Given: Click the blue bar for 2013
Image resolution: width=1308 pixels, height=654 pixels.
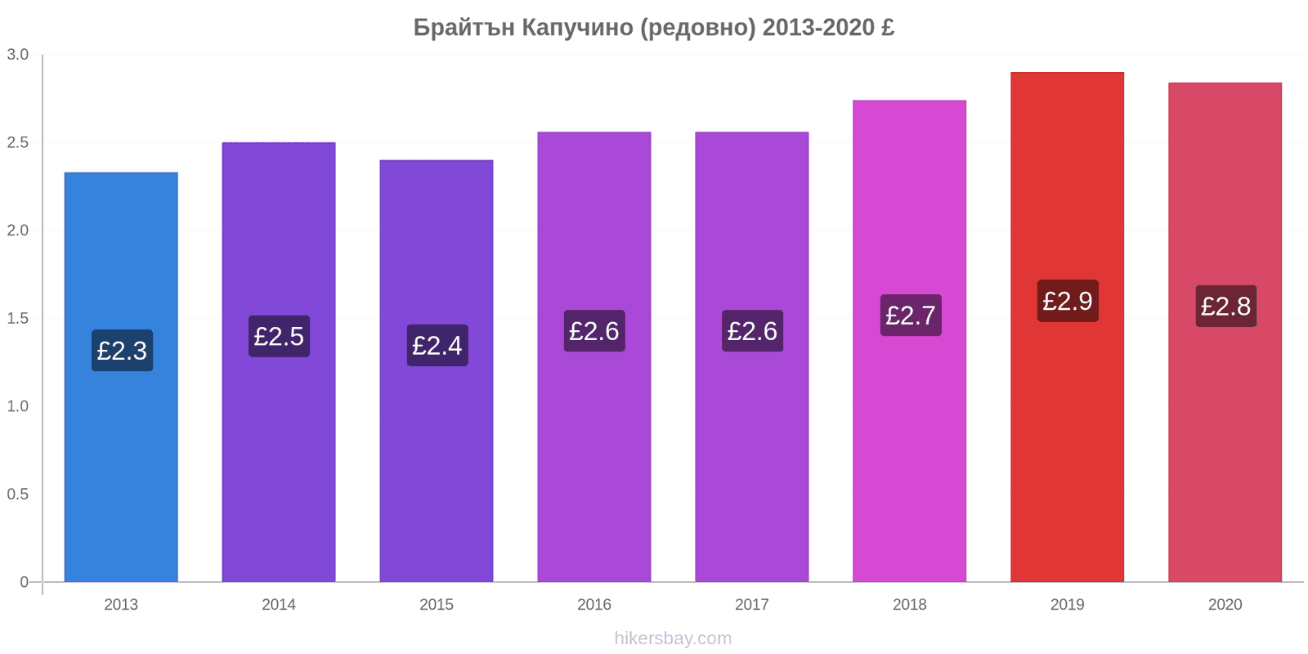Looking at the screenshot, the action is click(121, 377).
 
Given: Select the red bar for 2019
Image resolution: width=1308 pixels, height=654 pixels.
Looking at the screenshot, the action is click(1068, 327).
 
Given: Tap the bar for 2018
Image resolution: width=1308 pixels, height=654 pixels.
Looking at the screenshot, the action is click(909, 341).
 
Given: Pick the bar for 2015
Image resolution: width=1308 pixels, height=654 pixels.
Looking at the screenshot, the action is click(437, 371).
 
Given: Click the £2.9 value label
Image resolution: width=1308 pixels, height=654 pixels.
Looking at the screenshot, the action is click(1068, 301).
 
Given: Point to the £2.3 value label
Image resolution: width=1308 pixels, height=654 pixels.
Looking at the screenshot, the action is click(122, 351).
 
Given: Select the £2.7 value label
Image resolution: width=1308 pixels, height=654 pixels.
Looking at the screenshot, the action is click(911, 316).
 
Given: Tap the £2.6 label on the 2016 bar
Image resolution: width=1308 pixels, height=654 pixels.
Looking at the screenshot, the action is click(594, 331).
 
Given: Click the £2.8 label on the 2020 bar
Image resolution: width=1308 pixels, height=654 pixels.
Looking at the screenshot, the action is click(1225, 306).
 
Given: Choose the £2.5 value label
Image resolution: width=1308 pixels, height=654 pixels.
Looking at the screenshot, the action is click(279, 336).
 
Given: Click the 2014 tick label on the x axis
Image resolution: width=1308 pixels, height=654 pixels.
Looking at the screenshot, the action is click(279, 604).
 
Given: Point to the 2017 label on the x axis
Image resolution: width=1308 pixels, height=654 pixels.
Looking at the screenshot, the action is click(751, 604).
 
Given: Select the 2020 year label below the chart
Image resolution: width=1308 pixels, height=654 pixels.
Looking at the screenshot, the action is click(1225, 604).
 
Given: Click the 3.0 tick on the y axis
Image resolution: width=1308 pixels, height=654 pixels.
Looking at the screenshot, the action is click(17, 54).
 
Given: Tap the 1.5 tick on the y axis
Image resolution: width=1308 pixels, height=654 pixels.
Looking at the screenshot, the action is click(17, 318).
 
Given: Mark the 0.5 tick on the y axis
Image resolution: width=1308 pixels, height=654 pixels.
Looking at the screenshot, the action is click(17, 494).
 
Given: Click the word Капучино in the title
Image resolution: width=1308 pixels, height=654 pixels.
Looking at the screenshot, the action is click(577, 28).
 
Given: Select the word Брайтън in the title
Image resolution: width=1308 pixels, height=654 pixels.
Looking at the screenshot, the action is click(464, 28).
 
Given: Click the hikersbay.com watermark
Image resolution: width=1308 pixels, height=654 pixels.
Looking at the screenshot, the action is click(673, 638).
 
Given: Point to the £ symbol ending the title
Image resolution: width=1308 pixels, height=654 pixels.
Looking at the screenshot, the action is click(888, 27).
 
